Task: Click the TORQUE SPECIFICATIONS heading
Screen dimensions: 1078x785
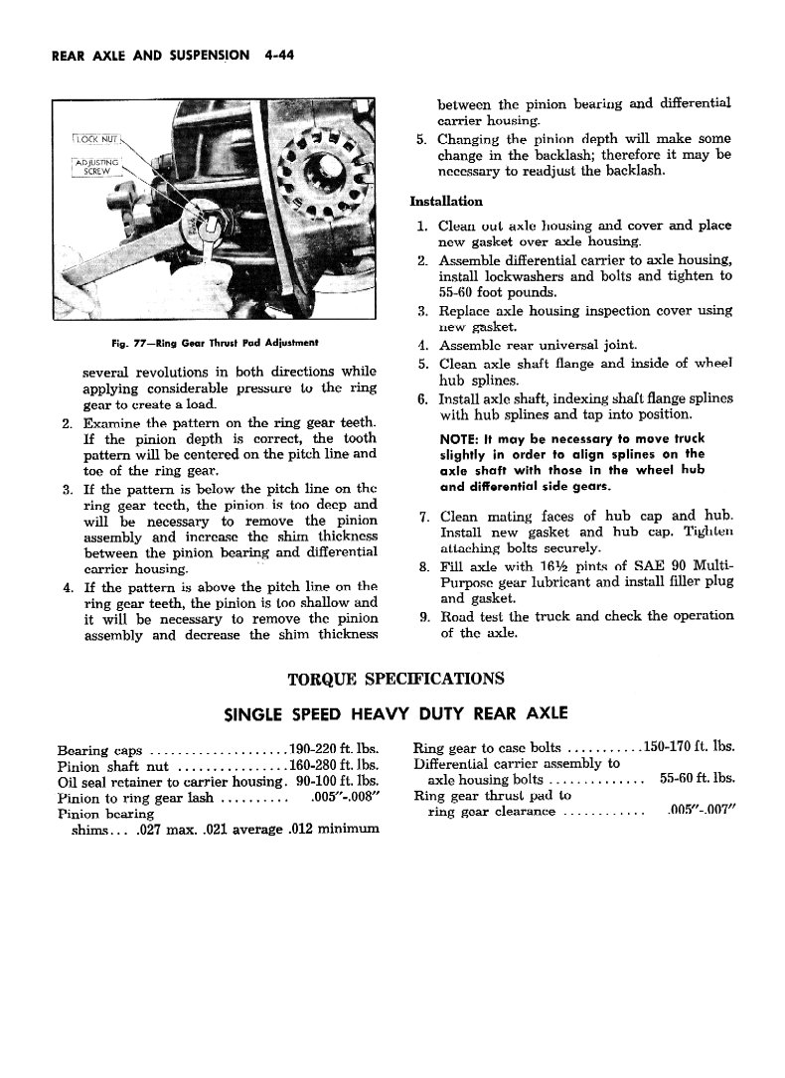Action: pos(394,679)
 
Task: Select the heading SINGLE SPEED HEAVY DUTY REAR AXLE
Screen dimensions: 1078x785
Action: pos(395,713)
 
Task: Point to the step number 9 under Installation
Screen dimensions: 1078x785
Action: pos(422,616)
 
